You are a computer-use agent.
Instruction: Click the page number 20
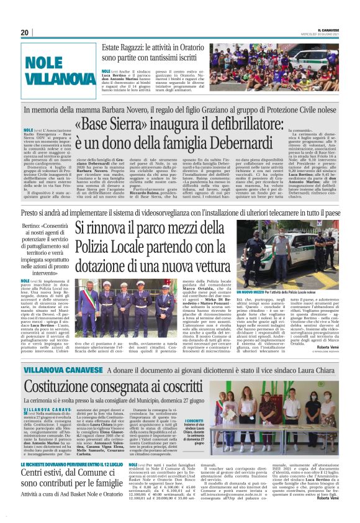(x=25, y=32)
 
